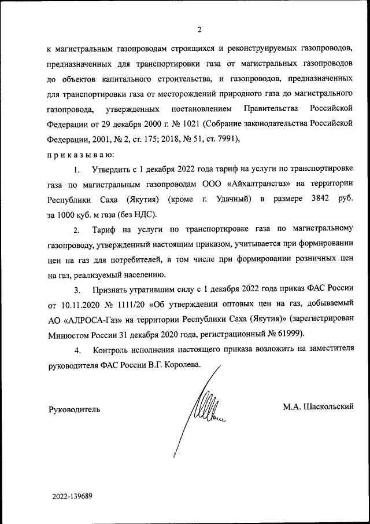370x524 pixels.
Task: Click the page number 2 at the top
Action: pos(199,30)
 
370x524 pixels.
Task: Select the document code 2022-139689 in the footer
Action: pos(72,496)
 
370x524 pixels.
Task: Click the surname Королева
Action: pos(182,366)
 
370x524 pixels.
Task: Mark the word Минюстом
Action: pos(66,335)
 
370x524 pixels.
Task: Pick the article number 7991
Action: pos(223,139)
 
